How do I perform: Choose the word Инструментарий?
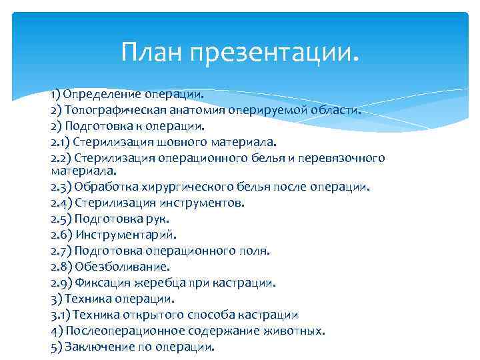(126, 235)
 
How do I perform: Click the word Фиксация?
(99, 283)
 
